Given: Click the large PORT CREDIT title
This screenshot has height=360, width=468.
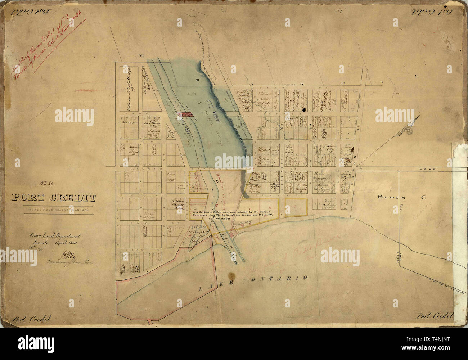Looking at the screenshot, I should point(54,198).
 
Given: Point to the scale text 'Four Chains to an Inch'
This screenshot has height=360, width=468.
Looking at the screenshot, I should point(54,210).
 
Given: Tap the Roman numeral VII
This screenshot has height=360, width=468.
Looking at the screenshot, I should point(142,55).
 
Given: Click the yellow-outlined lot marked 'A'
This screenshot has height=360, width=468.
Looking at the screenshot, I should point(296,207).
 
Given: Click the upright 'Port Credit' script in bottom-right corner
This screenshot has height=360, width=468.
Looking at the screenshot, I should point(433,316).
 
